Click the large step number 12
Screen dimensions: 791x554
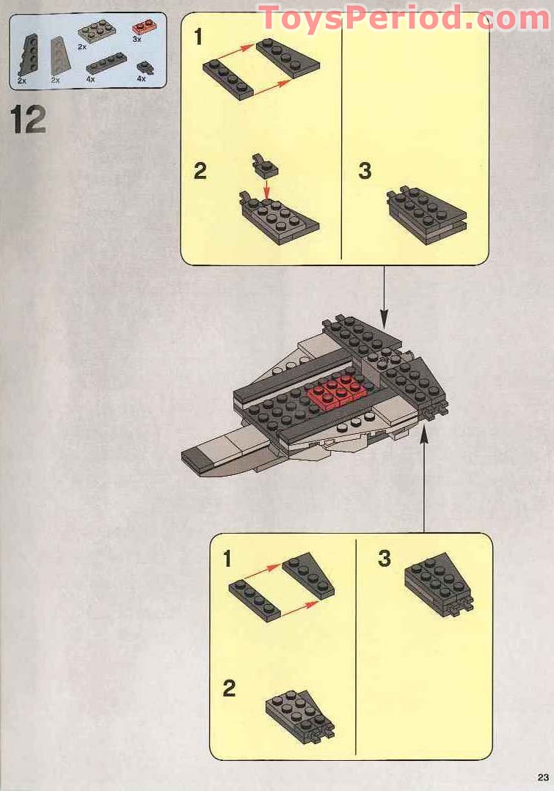click(x=29, y=120)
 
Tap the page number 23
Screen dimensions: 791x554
click(x=542, y=778)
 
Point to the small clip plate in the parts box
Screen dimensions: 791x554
click(x=144, y=67)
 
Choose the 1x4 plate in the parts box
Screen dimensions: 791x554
click(x=106, y=64)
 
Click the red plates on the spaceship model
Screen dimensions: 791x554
click(x=337, y=393)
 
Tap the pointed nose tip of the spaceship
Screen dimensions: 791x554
click(x=192, y=460)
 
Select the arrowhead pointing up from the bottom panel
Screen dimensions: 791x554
click(x=424, y=435)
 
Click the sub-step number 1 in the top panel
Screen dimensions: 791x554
click(x=197, y=37)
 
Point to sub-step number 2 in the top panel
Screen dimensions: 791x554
click(x=200, y=172)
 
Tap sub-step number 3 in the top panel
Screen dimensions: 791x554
click(x=365, y=172)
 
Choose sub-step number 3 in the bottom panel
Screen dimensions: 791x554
click(x=384, y=559)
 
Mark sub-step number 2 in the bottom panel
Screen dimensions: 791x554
click(x=229, y=688)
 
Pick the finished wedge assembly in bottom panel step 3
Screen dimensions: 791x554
click(x=439, y=585)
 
